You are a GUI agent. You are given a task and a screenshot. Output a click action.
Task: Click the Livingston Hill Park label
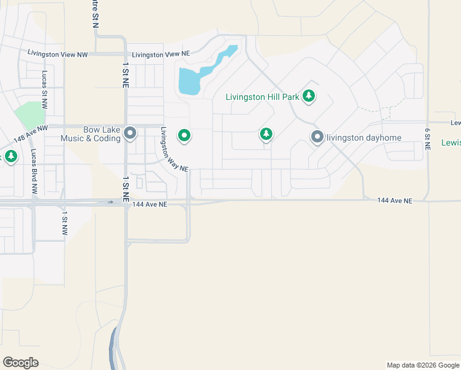tap(262, 97)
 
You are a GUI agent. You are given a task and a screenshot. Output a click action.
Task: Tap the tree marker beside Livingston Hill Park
tap(309, 96)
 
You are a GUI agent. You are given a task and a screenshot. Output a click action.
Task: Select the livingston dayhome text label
tap(364, 137)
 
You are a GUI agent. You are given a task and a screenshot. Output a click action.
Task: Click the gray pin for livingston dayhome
tap(317, 137)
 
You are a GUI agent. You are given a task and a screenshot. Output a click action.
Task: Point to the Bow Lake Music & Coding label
tap(91, 134)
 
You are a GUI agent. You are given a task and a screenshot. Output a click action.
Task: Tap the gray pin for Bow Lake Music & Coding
tap(130, 133)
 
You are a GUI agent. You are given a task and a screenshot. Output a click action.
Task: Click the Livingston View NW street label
tap(58, 54)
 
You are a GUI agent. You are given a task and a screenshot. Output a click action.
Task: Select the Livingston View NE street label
tap(156, 54)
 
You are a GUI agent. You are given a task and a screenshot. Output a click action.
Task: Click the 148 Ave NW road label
tap(30, 135)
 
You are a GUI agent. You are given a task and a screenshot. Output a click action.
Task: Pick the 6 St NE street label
tap(426, 140)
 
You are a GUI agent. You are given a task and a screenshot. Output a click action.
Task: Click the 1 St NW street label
tap(64, 223)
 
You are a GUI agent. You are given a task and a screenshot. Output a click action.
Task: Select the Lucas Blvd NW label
tap(33, 173)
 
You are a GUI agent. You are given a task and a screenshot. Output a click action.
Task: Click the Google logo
tap(20, 363)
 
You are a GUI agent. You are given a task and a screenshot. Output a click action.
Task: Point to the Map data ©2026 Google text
tap(423, 365)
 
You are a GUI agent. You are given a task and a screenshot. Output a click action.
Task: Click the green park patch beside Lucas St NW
tap(30, 115)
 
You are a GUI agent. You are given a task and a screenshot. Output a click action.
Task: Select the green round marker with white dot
tap(184, 135)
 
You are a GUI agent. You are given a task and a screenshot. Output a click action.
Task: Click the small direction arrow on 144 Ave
tap(110, 202)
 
